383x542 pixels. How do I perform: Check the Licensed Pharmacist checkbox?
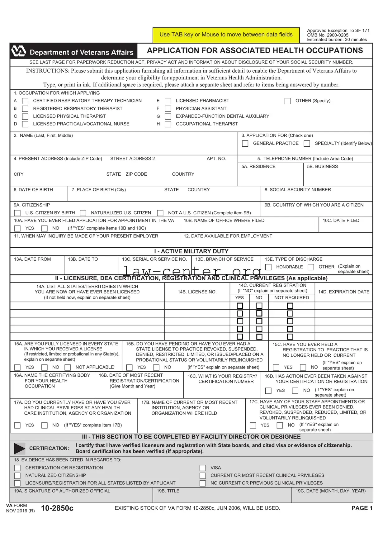pyautogui.click(x=168, y=101)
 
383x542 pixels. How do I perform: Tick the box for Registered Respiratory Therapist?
pyautogui.click(x=25, y=109)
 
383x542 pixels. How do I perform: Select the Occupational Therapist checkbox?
pyautogui.click(x=168, y=124)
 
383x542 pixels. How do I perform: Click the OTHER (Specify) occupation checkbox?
pyautogui.click(x=288, y=101)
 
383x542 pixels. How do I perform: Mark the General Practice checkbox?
pyautogui.click(x=245, y=144)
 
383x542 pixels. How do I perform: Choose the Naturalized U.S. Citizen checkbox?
pyautogui.click(x=83, y=213)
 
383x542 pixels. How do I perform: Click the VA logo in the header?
pyautogui.click(x=19, y=51)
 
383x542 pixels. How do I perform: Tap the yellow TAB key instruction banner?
pyautogui.click(x=226, y=35)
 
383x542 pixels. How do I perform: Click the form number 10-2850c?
pyautogui.click(x=57, y=508)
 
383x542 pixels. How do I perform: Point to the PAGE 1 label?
pyautogui.click(x=362, y=508)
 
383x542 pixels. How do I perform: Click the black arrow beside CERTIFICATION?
pyautogui.click(x=19, y=448)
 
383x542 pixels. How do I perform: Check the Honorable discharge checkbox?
pyautogui.click(x=268, y=267)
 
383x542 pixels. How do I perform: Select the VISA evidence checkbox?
pyautogui.click(x=203, y=468)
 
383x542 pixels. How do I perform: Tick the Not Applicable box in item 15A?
pyautogui.click(x=68, y=368)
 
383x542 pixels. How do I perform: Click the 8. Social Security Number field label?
pyautogui.click(x=298, y=190)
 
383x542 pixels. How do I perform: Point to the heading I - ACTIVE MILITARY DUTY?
pyautogui.click(x=191, y=251)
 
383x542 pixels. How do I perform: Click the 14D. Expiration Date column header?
pyautogui.click(x=343, y=292)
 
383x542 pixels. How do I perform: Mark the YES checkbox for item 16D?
pyautogui.click(x=268, y=391)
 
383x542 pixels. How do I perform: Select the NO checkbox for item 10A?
pyautogui.click(x=45, y=228)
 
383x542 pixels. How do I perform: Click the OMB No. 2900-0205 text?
pyautogui.click(x=328, y=35)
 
